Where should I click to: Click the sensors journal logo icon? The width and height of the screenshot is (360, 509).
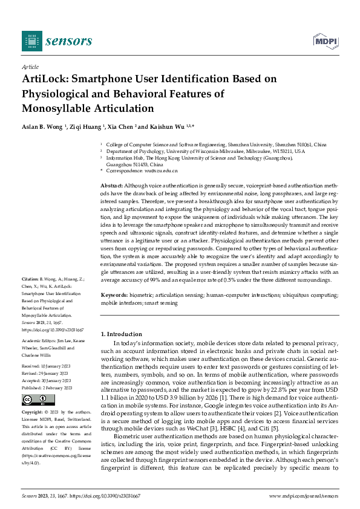point(32,41)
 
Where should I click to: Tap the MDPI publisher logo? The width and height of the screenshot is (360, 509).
point(325,41)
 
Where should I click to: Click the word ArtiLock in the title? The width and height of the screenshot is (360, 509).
point(45,79)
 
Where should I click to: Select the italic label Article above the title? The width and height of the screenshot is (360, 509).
point(30,66)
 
